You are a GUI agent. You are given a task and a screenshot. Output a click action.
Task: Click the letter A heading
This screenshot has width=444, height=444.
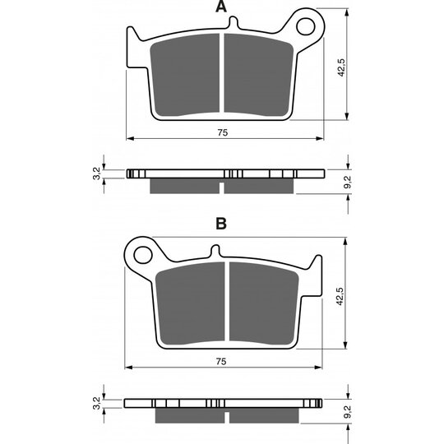point(221,7)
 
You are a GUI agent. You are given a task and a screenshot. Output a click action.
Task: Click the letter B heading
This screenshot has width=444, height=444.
point(221,224)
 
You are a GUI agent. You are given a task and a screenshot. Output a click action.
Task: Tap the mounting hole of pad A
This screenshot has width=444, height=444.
point(306,26)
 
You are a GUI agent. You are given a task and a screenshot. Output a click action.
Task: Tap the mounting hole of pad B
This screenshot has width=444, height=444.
point(143,255)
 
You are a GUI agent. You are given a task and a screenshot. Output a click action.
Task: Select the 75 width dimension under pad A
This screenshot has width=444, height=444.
point(223,132)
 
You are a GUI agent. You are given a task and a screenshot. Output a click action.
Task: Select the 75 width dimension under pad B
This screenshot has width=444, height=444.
point(221,362)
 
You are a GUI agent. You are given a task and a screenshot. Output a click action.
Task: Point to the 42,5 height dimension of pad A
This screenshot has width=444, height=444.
point(341,67)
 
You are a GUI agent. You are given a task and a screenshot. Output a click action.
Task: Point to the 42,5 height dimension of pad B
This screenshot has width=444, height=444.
point(340,296)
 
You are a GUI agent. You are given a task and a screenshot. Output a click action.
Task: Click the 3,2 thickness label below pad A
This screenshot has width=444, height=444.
point(96,173)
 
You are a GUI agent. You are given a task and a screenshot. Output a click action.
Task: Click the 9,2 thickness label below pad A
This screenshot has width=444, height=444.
point(347,182)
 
